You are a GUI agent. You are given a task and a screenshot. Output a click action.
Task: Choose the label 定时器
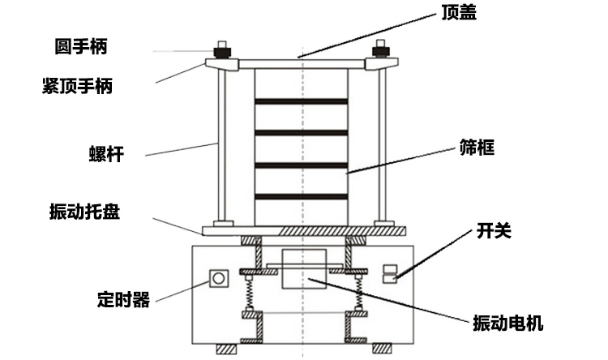[123, 300]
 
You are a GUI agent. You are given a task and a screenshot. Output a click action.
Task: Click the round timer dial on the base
[217, 279]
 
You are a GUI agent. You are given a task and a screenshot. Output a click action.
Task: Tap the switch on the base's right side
[391, 274]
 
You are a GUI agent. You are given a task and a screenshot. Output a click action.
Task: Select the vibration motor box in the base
[302, 271]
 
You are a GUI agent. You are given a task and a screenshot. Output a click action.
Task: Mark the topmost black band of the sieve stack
[302, 101]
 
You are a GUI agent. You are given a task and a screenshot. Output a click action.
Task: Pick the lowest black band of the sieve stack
[302, 196]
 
